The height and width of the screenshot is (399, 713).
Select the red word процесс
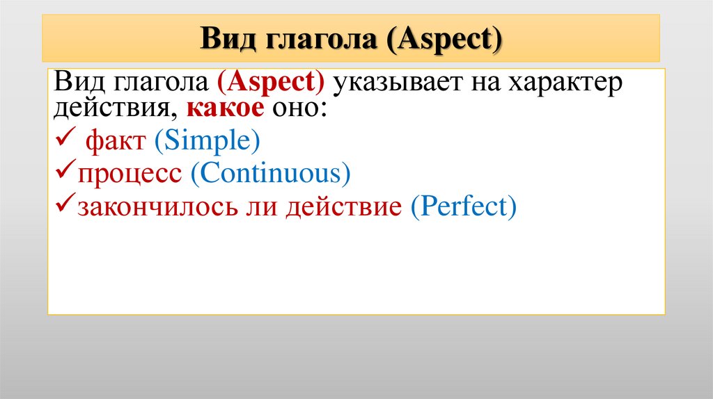coord(130,174)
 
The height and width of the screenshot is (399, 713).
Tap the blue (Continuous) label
coord(269,174)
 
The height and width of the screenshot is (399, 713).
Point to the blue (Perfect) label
coord(464,206)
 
